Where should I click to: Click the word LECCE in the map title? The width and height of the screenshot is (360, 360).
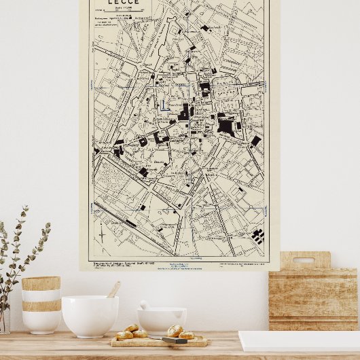pyautogui.click(x=124, y=3)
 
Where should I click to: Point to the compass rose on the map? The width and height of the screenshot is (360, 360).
pyautogui.click(x=102, y=234)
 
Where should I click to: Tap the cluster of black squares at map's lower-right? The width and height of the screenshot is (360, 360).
pyautogui.click(x=258, y=236)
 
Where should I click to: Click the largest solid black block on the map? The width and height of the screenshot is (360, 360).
pyautogui.click(x=226, y=126)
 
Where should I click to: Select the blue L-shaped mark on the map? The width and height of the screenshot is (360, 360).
pyautogui.click(x=163, y=105)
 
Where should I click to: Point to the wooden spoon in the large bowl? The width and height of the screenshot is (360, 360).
pyautogui.click(x=113, y=290)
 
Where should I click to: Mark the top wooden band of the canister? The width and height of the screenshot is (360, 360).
pyautogui.click(x=41, y=283)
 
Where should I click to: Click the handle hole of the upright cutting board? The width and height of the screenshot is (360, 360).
pyautogui.click(x=304, y=259)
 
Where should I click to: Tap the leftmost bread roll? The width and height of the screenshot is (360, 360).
pyautogui.click(x=124, y=335)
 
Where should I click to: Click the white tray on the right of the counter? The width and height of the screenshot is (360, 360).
pyautogui.click(x=299, y=341)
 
